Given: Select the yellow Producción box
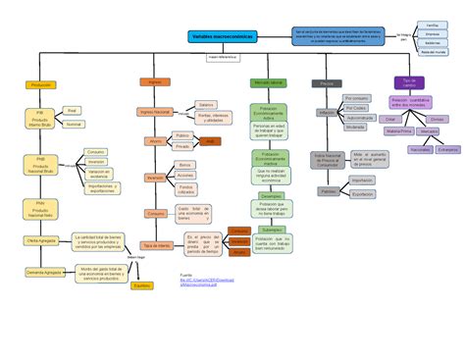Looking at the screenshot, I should pyautogui.click(x=42, y=85).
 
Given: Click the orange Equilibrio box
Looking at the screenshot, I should pyautogui.click(x=142, y=285).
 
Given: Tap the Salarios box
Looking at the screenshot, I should pyautogui.click(x=206, y=104).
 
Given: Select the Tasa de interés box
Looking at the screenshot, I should pyautogui.click(x=156, y=245).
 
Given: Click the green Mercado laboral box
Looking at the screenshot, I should pyautogui.click(x=268, y=82).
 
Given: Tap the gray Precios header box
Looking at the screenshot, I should pyautogui.click(x=326, y=83).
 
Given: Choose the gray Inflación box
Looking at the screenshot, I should pyautogui.click(x=327, y=114).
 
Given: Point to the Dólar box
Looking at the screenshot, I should pyautogui.click(x=391, y=118).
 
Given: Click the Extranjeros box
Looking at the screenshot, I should pyautogui.click(x=448, y=150).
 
